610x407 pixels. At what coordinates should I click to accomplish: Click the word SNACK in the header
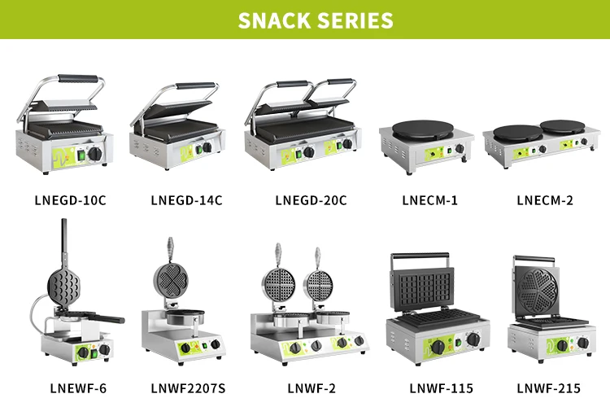[271, 20]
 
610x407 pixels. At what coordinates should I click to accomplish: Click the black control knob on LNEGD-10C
[95, 153]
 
